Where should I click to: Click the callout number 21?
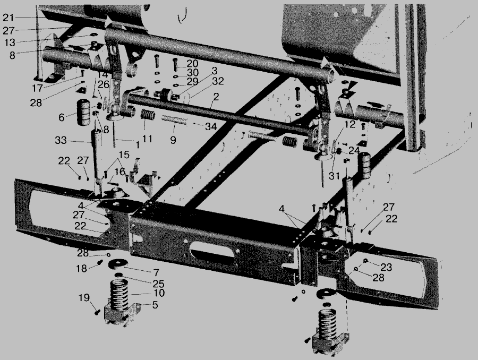pyautogui.click(x=8, y=18)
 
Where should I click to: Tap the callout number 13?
pyautogui.click(x=10, y=42)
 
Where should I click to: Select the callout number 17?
pyautogui.click(x=38, y=88)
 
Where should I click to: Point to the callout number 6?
pyautogui.click(x=62, y=117)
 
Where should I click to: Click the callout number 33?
pyautogui.click(x=61, y=140)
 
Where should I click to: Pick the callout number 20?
pyautogui.click(x=192, y=63)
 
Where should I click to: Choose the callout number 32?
pyautogui.click(x=218, y=81)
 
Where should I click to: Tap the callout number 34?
pyautogui.click(x=211, y=126)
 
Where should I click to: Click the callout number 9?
pyautogui.click(x=173, y=140)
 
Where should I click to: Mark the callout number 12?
pyautogui.click(x=350, y=124)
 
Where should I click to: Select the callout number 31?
pyautogui.click(x=334, y=176)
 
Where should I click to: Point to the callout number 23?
pyautogui.click(x=386, y=267)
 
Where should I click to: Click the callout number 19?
pyautogui.click(x=84, y=297)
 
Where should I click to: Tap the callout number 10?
pyautogui.click(x=159, y=293)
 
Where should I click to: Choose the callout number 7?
pyautogui.click(x=156, y=272)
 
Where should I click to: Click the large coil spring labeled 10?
pyautogui.click(x=118, y=295)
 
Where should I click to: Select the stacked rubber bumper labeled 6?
pyautogui.click(x=84, y=112)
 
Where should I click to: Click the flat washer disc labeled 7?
pyautogui.click(x=118, y=264)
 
